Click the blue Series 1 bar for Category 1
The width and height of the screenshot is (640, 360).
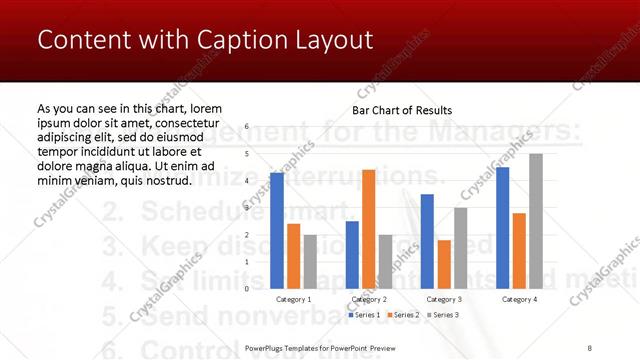click(x=277, y=231)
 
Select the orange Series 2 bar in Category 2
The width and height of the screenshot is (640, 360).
click(x=368, y=229)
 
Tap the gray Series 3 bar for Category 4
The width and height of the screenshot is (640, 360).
click(x=536, y=221)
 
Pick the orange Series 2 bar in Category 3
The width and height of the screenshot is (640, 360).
click(x=444, y=264)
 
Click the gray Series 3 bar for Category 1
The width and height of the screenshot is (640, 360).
click(x=310, y=262)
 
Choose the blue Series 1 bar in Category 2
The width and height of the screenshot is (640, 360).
click(x=352, y=255)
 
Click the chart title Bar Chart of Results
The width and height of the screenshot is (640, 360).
click(x=402, y=110)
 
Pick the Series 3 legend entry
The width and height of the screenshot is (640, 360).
click(x=442, y=314)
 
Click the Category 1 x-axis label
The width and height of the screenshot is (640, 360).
click(x=293, y=299)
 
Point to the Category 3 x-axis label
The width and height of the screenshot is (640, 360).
click(x=444, y=299)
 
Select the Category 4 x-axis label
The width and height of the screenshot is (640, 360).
click(x=519, y=299)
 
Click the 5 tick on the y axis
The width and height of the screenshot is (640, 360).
click(x=248, y=154)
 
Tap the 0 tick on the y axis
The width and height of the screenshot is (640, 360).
click(x=248, y=289)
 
